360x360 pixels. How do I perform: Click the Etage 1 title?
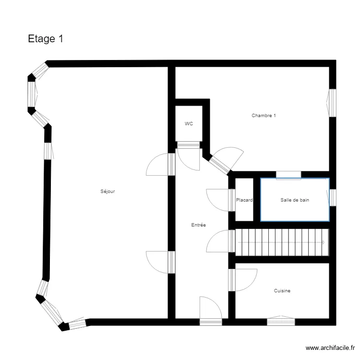(x=46, y=39)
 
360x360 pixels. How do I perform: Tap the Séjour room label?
(x=108, y=192)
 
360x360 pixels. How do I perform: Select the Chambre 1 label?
(x=264, y=116)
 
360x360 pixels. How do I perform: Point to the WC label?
(x=189, y=124)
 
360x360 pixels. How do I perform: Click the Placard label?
(x=244, y=200)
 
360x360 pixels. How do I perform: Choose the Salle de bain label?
(x=295, y=200)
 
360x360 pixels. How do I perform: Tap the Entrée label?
(x=198, y=225)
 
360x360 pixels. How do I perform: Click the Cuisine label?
(x=282, y=291)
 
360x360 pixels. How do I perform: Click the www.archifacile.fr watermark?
(x=330, y=348)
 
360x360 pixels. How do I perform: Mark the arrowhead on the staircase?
(x=324, y=242)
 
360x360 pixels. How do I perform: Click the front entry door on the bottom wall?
(x=211, y=310)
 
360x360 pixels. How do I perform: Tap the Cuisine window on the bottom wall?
(x=281, y=321)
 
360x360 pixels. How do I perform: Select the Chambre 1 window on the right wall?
(x=332, y=103)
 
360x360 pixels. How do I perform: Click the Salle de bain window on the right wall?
(x=332, y=197)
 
